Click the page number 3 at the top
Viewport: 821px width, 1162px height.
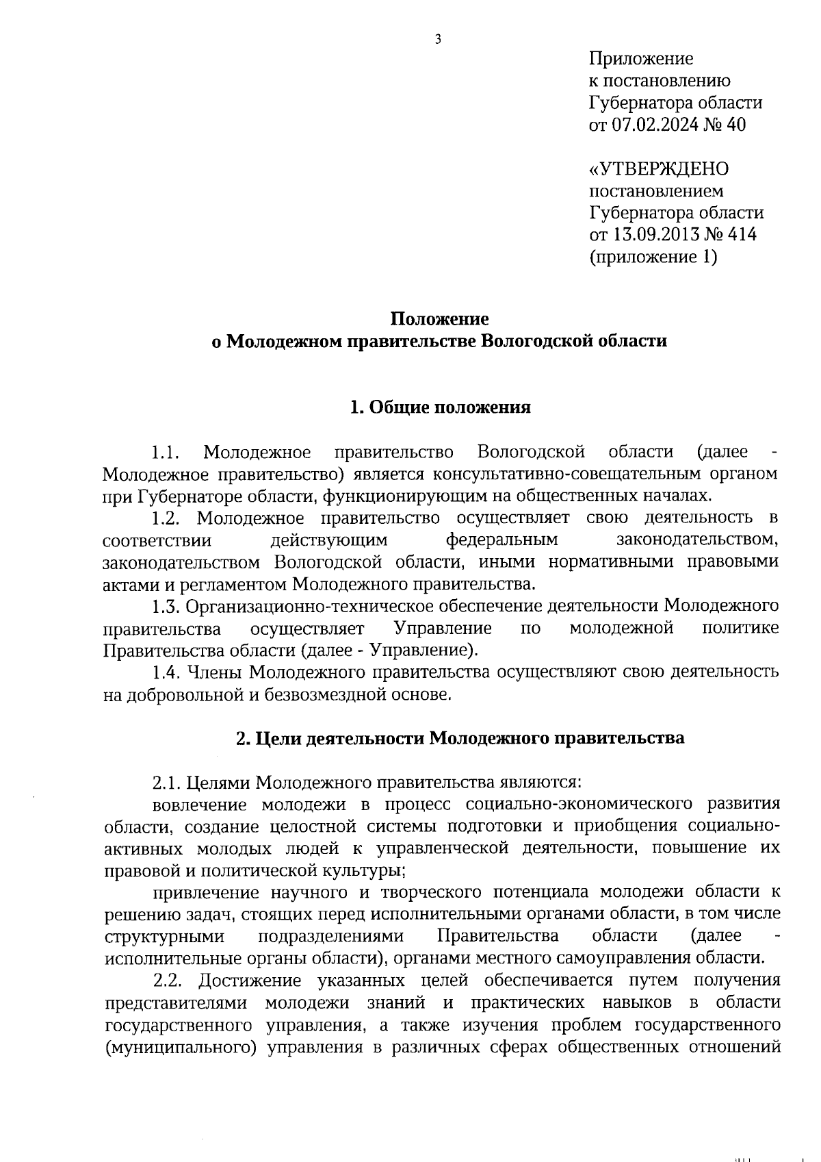(438, 40)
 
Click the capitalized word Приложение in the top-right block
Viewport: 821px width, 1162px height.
(641, 59)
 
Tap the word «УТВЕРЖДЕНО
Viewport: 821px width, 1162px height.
(659, 168)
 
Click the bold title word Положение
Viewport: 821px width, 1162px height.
(440, 319)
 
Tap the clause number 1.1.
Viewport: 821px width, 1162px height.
(165, 453)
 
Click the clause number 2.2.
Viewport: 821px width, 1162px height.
(167, 980)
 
